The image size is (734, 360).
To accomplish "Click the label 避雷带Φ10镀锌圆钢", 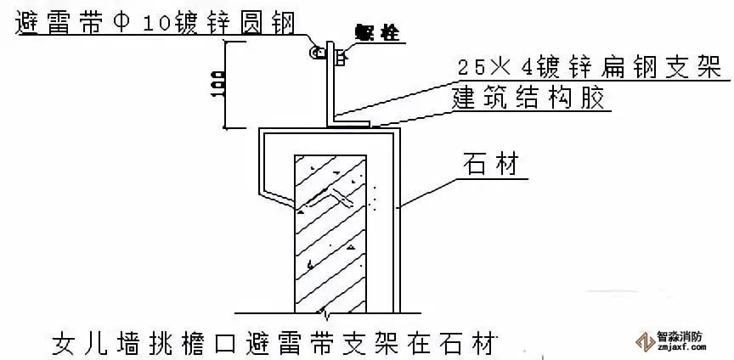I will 153,22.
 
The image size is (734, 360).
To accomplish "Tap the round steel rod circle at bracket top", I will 317,54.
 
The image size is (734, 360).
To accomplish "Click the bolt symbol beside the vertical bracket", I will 337,57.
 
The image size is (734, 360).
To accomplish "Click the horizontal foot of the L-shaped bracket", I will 348,124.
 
